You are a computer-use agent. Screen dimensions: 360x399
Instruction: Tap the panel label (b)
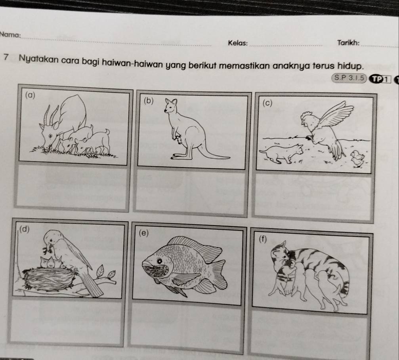click(x=148, y=100)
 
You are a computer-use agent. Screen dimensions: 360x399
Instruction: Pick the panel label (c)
click(x=267, y=103)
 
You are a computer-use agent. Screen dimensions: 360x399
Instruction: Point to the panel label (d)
click(x=25, y=229)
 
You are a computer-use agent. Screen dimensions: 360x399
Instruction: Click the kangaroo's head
click(x=172, y=105)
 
